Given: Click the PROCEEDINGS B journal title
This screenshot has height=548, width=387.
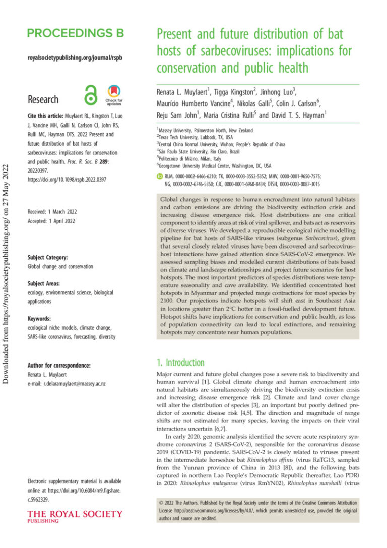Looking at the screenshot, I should [x=75, y=34].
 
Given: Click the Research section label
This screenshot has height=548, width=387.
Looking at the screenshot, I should [x=43, y=99].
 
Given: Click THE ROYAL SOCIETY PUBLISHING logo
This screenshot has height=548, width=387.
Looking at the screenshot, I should [x=75, y=516].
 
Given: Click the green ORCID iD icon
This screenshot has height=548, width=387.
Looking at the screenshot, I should [x=160, y=177].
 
